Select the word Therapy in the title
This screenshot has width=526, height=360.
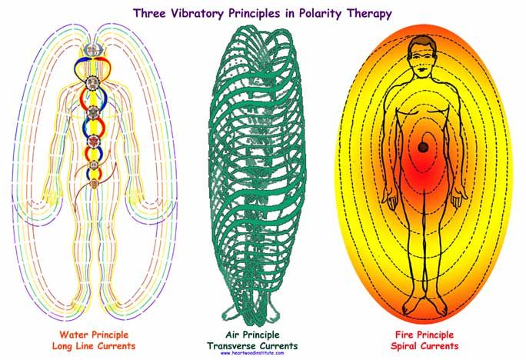point(369,14)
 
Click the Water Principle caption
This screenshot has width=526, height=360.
point(94,335)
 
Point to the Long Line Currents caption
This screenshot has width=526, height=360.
point(94,345)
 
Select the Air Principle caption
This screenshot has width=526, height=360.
point(252,335)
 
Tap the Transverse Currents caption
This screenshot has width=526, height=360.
point(252,345)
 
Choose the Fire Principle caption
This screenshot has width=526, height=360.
point(424,335)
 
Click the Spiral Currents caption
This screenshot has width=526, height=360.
point(424,345)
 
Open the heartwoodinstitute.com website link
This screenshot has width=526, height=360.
point(252,353)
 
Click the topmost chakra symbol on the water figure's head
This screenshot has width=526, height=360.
point(93,50)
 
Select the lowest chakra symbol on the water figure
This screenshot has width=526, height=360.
point(95,184)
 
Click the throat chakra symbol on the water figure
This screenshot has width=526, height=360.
point(92,83)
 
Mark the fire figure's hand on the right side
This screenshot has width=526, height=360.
point(458,198)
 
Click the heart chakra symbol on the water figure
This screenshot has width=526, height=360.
point(93,113)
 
